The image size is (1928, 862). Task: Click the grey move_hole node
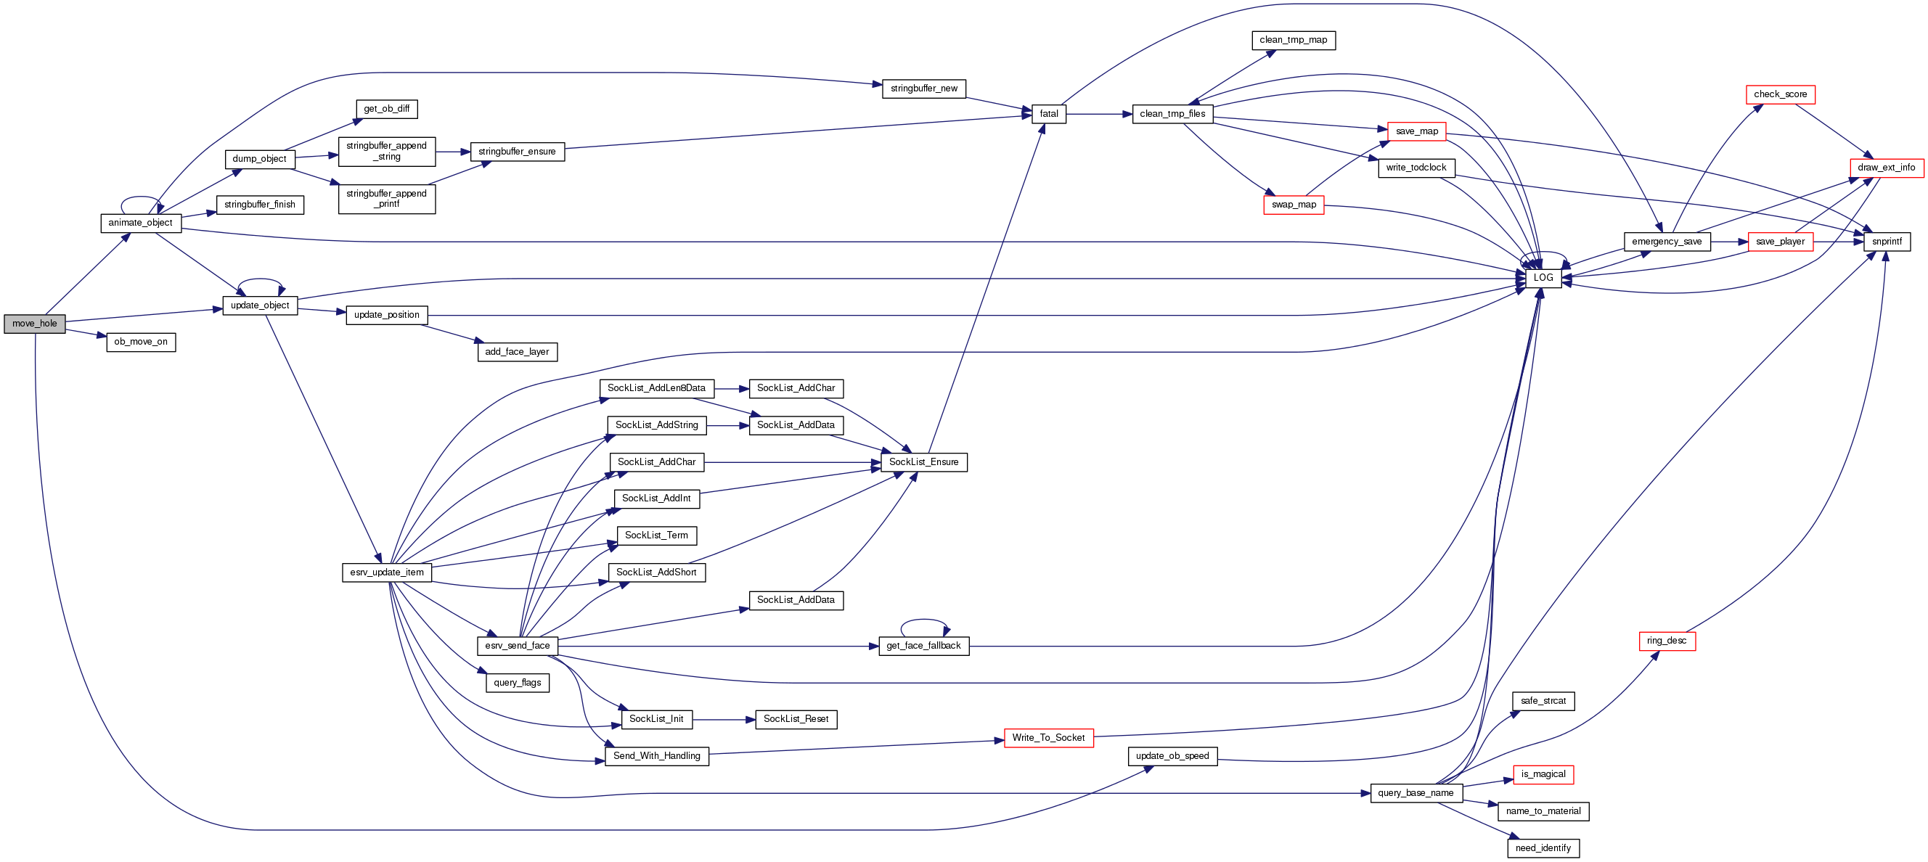(x=34, y=324)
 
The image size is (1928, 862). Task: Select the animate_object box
(x=140, y=223)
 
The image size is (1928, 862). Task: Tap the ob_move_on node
(x=141, y=342)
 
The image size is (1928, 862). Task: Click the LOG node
(x=1543, y=278)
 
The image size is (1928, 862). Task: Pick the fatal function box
(x=1049, y=114)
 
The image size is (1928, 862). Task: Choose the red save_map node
(x=1416, y=131)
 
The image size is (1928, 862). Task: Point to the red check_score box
(x=1780, y=94)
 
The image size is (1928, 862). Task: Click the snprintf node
(x=1886, y=242)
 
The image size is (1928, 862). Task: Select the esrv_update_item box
(x=386, y=572)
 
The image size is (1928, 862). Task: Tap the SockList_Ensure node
(x=923, y=462)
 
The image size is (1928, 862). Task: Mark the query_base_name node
(x=1416, y=793)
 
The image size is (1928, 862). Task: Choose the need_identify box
(x=1543, y=848)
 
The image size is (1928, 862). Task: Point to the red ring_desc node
(x=1666, y=641)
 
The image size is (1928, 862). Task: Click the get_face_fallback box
(x=923, y=646)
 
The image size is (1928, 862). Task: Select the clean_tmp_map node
(x=1293, y=41)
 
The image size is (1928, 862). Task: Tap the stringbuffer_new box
(x=923, y=89)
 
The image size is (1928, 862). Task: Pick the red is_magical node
(x=1543, y=774)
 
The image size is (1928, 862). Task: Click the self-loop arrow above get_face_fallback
(x=923, y=620)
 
